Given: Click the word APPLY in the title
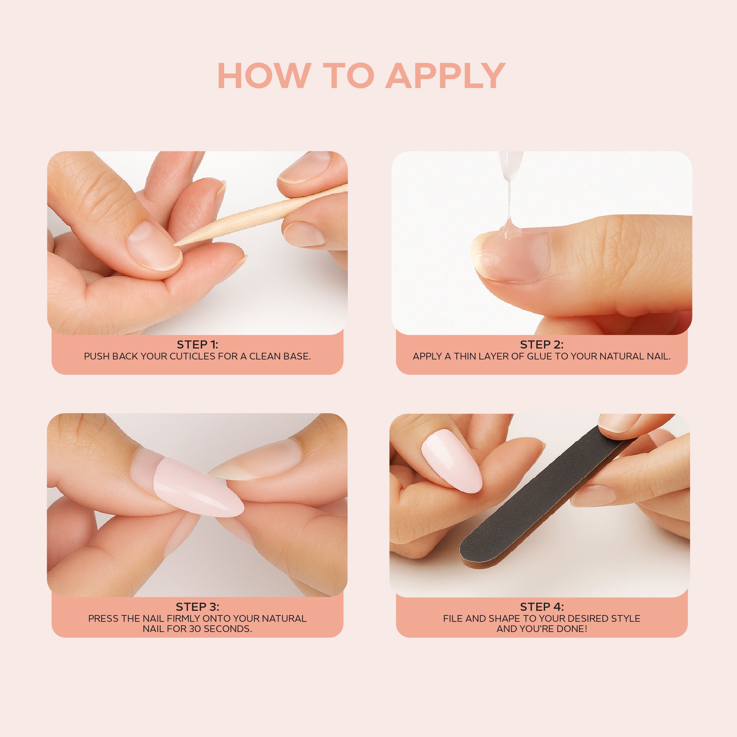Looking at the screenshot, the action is click(x=446, y=76).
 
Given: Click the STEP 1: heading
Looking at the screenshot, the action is click(x=198, y=344).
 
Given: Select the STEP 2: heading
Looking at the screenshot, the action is click(x=542, y=344).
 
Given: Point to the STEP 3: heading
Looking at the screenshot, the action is click(x=198, y=606).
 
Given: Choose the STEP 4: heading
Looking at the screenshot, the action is click(x=542, y=606).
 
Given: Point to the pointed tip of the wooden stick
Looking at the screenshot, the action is click(x=175, y=244).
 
